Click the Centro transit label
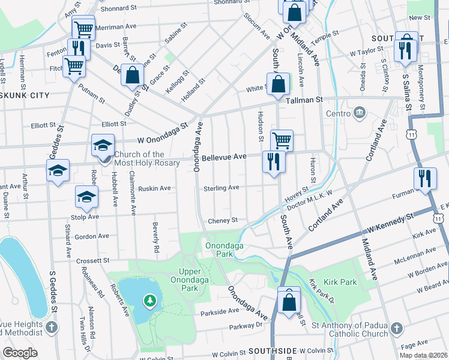[337, 113]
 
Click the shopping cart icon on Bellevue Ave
[281, 140]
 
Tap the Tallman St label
[304, 100]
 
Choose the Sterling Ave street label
[221, 188]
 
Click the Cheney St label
[223, 221]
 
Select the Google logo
[20, 353]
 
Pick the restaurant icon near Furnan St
[424, 178]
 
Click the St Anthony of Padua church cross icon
[396, 328]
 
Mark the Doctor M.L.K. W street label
[309, 201]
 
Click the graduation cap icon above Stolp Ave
[86, 196]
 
